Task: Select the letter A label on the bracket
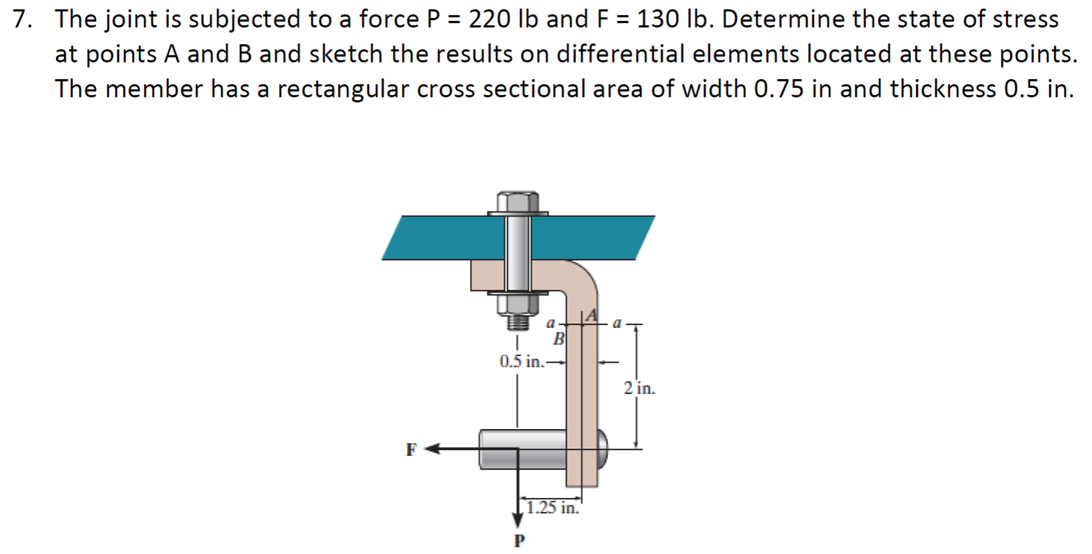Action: tap(591, 315)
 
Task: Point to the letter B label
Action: tap(559, 339)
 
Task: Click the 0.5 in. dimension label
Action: tap(521, 361)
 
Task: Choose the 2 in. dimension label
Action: tap(639, 388)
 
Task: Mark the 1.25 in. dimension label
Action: tap(553, 507)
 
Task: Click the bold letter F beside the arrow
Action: tap(411, 449)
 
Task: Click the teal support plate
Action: tap(436, 237)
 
